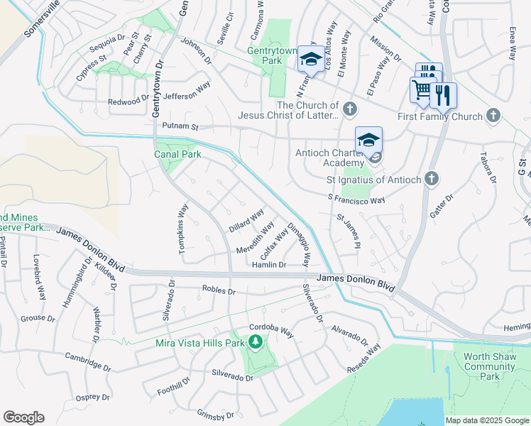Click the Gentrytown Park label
coord(275,56)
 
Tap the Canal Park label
coord(177,154)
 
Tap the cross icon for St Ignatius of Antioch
coord(431,180)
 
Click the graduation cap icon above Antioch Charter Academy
coord(368,140)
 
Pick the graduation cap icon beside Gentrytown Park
coord(310,59)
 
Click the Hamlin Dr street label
coord(269,265)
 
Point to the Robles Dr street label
coord(219,290)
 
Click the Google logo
coord(23,417)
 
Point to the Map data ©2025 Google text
coord(488,420)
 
